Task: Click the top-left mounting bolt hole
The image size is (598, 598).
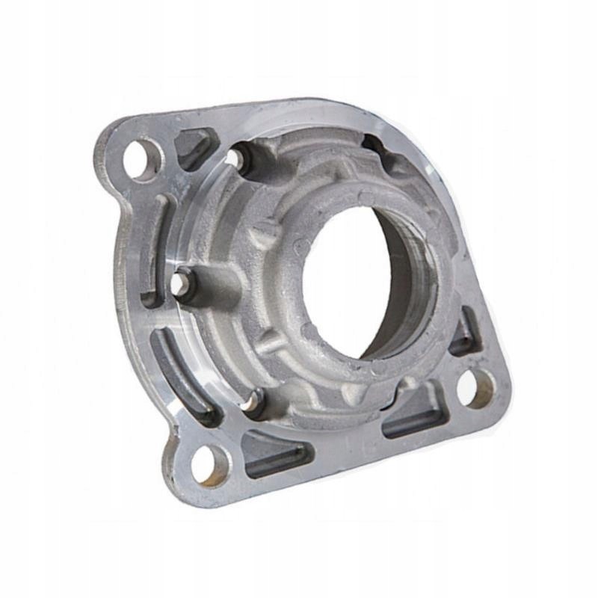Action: (x=143, y=158)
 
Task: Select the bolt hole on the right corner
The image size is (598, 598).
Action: (x=475, y=387)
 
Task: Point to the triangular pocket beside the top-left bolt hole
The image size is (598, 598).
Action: (x=196, y=148)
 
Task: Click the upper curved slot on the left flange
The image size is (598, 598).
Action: (x=155, y=247)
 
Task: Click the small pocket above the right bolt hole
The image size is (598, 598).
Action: (x=465, y=332)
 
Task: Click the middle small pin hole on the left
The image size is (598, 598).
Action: (x=182, y=285)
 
